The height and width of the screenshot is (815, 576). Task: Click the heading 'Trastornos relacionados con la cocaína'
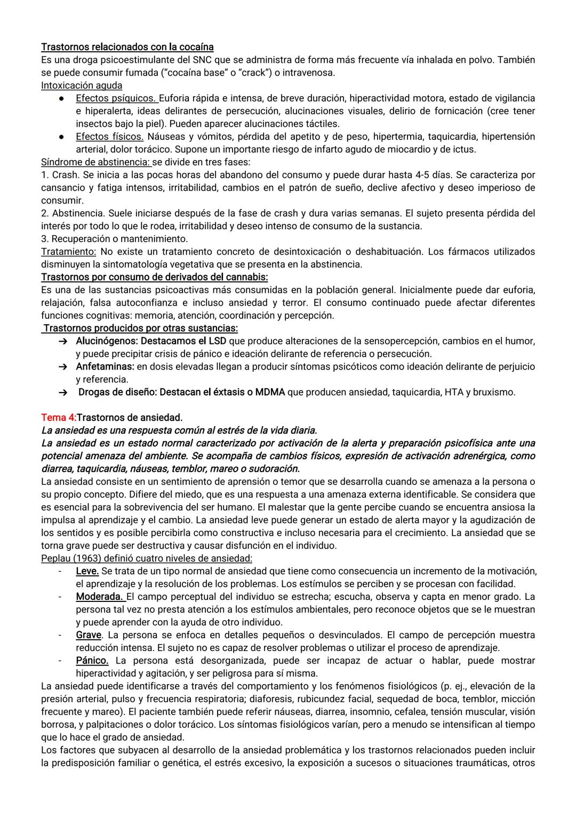tap(127, 47)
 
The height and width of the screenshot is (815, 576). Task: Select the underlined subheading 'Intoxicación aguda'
tap(82, 85)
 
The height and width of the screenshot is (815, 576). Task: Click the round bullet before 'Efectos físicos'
tap(62, 137)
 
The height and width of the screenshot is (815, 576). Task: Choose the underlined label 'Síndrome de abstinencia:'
tap(96, 162)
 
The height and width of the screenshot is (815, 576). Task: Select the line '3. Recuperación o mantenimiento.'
tap(114, 239)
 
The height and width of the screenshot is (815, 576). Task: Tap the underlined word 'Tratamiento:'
tap(69, 252)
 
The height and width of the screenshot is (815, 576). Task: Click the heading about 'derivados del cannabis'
tap(155, 277)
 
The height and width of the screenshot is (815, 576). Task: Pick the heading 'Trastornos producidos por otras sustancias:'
tap(140, 328)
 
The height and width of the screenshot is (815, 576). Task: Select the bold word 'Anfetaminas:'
tap(105, 367)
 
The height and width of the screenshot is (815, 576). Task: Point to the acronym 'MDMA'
tap(270, 393)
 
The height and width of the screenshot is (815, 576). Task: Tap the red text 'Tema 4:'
tap(59, 417)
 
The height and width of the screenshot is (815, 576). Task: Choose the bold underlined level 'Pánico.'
tap(92, 661)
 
